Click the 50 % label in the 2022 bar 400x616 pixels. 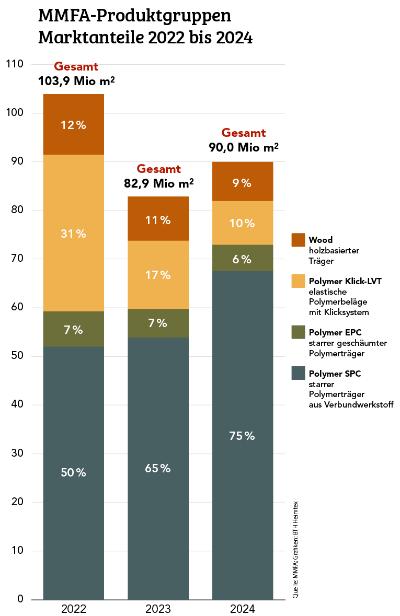tap(74, 472)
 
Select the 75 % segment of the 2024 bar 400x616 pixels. tap(242, 435)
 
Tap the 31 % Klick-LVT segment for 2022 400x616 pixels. tap(74, 234)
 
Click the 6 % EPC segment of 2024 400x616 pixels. tap(242, 258)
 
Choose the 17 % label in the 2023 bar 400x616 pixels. tap(158, 275)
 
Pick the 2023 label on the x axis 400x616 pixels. tap(158, 609)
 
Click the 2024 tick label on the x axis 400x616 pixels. tap(242, 609)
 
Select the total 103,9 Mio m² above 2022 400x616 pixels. tap(76, 82)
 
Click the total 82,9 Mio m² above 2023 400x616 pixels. tap(159, 183)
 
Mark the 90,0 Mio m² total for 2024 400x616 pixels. tap(244, 147)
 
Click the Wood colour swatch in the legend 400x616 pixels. tap(298, 240)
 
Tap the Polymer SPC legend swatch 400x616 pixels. tap(298, 373)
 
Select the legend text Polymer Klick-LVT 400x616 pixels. tap(345, 281)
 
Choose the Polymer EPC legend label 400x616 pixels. tap(335, 332)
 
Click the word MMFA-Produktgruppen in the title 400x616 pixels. tap(135, 16)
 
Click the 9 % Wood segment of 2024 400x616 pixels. tap(242, 183)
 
